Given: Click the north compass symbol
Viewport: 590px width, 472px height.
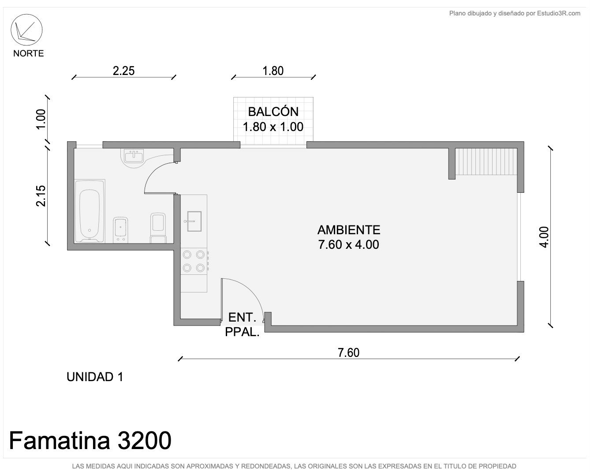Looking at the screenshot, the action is tap(26, 30).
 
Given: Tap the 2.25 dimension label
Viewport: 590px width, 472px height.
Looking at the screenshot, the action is tap(123, 71).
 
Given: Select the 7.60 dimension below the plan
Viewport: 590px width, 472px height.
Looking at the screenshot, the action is tap(348, 353).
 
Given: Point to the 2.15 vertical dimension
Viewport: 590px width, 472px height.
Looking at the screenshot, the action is tap(41, 195).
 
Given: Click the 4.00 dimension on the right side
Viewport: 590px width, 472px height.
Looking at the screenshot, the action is tap(544, 237).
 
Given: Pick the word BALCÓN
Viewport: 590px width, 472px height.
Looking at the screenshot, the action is tap(273, 112).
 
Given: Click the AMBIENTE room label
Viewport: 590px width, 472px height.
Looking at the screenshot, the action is tap(349, 230).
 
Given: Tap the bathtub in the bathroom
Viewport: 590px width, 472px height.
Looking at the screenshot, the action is tap(90, 211).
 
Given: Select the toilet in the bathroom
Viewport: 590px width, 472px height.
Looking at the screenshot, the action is tap(158, 228).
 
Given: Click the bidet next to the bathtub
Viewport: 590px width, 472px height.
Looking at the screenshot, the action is tap(121, 230).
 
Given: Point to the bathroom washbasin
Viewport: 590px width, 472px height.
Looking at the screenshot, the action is tap(134, 157).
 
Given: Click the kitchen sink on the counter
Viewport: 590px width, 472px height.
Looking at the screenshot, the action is tap(194, 221).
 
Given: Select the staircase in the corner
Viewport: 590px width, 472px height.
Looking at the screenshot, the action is tap(486, 161).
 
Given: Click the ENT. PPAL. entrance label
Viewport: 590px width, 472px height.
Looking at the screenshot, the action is tap(242, 325).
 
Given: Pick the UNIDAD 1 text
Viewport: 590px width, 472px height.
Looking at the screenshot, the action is tap(95, 377).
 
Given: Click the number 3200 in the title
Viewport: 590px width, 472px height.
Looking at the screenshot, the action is tap(144, 441).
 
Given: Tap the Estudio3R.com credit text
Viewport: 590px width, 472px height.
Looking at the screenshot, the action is tap(558, 13).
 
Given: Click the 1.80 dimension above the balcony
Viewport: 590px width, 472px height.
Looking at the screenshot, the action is tap(273, 71).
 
